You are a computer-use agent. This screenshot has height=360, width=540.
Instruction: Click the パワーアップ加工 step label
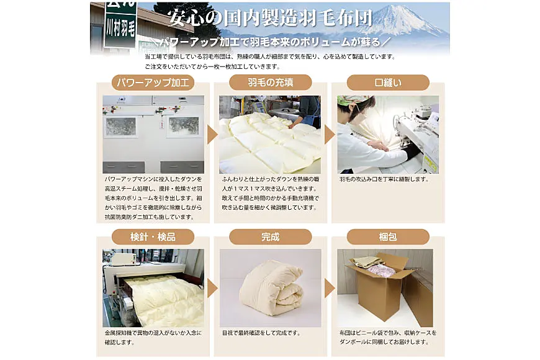tap(153, 83)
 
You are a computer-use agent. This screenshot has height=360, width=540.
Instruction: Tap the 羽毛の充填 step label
tap(271, 83)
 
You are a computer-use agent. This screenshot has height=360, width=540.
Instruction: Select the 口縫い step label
tap(388, 83)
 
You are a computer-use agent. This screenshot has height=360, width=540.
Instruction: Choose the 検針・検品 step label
tap(153, 236)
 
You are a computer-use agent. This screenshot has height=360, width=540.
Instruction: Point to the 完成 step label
tap(271, 236)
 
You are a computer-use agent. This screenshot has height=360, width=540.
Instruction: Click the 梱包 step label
tap(388, 236)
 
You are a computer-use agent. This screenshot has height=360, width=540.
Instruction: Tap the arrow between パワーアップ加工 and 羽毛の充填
tap(212, 134)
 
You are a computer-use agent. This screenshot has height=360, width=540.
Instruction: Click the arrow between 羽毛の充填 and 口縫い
tap(330, 134)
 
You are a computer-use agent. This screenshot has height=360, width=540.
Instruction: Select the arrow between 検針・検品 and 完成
tap(212, 288)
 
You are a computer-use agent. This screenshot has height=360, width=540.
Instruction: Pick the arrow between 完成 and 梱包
tap(330, 288)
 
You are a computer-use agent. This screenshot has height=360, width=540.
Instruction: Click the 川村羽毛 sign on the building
tap(120, 25)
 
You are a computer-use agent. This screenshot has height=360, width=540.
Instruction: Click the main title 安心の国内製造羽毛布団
tap(271, 17)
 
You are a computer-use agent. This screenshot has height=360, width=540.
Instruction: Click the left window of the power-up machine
tap(120, 127)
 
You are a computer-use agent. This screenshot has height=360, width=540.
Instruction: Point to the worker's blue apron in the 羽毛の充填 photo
tap(312, 118)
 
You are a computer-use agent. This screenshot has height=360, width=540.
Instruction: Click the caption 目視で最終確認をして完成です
tap(261, 333)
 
